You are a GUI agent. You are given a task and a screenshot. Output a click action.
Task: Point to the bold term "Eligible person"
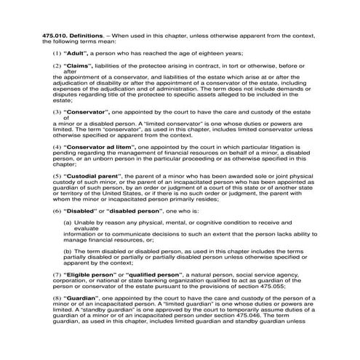point(93,275)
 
